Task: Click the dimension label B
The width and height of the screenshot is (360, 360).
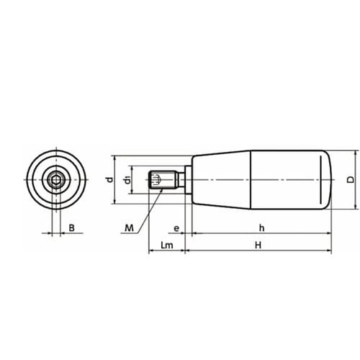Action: point(71,228)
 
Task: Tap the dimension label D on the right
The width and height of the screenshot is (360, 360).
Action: point(351,179)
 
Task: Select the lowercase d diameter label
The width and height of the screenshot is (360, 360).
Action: point(110,179)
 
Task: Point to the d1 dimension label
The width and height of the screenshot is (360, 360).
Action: point(128,180)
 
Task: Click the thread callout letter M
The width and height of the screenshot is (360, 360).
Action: point(129,228)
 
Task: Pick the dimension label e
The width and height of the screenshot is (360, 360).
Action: point(176,228)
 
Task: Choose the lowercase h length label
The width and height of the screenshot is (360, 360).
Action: point(261,228)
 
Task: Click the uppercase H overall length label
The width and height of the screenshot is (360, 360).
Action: point(258,246)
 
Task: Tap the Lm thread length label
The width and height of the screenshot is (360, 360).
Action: point(167,246)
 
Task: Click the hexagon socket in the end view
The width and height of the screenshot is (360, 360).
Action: point(56,179)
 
